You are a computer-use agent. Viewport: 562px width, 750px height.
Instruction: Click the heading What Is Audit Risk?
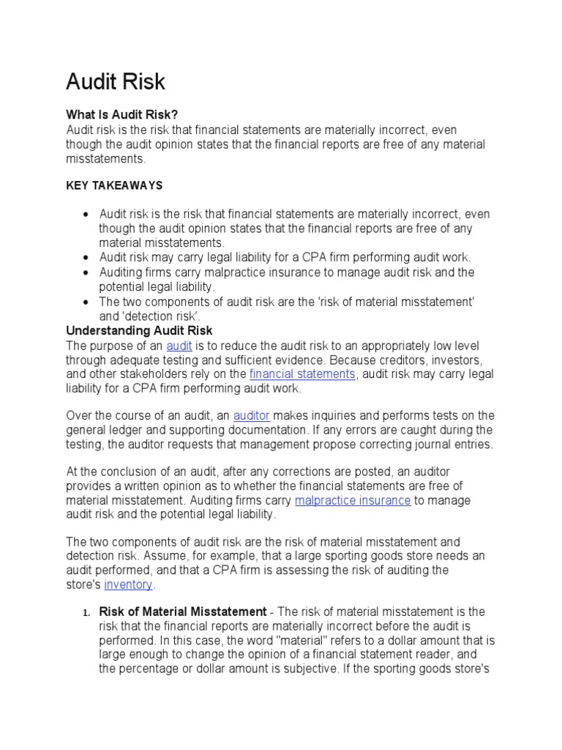tap(122, 115)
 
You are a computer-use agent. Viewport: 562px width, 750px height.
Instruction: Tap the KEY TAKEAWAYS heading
tap(114, 186)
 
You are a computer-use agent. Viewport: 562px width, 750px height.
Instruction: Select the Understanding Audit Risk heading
tap(139, 330)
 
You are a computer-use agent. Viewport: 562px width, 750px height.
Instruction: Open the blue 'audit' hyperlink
tap(179, 345)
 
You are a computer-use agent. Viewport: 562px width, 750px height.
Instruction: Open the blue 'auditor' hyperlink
tap(251, 415)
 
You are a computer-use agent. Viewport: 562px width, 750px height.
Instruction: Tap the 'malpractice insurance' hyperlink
tap(353, 500)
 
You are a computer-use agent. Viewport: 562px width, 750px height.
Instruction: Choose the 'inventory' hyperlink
tap(129, 584)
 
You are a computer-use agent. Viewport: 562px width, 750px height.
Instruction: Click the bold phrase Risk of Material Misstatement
tap(182, 612)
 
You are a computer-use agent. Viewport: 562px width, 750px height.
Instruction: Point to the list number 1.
tap(85, 612)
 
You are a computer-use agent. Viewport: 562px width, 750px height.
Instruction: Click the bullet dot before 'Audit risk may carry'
tap(86, 258)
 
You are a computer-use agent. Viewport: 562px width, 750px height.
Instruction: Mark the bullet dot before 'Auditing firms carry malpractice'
tap(86, 272)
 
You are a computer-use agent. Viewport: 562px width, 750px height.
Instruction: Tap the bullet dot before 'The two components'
tap(86, 302)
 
